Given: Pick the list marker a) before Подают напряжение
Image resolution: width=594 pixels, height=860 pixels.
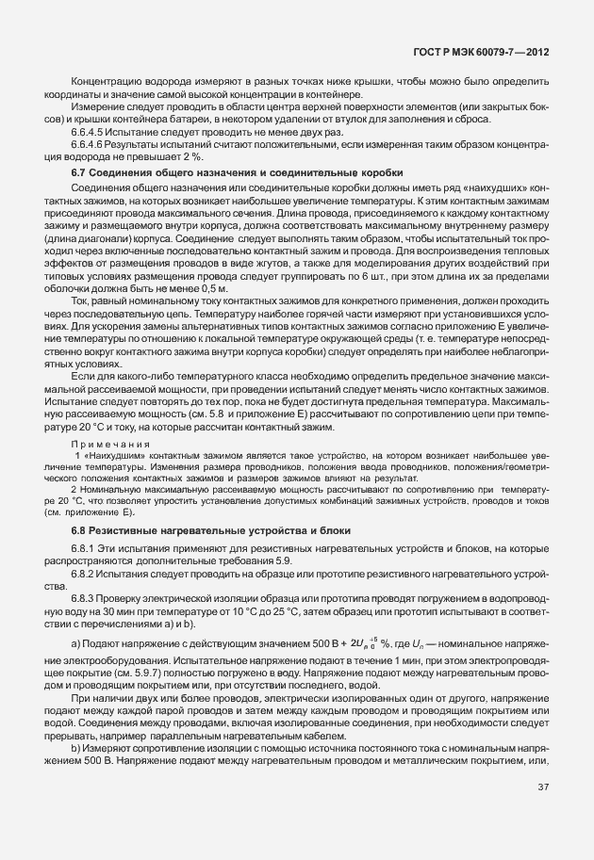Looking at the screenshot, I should coord(75,642).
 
